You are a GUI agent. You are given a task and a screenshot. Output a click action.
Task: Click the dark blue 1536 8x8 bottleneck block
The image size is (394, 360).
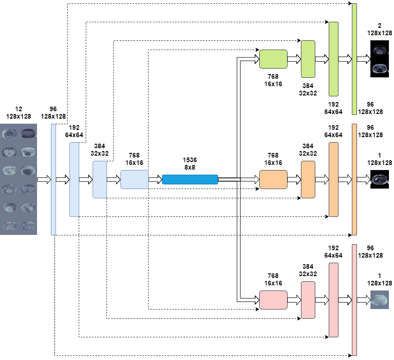(x=190, y=179)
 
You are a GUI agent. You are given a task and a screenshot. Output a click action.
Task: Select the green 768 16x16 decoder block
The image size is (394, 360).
(x=273, y=59)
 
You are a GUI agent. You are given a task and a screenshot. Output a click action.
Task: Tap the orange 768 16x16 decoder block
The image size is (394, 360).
(x=273, y=179)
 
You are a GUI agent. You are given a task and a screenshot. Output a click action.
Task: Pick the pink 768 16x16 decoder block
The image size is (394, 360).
(x=273, y=300)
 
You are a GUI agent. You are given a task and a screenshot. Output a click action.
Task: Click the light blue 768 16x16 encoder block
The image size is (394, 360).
(x=134, y=179)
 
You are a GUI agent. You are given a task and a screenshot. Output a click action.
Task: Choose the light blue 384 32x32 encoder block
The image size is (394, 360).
(x=100, y=179)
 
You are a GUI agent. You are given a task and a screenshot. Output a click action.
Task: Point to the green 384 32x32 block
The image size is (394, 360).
(x=308, y=59)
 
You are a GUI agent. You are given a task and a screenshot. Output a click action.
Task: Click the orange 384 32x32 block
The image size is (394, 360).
(x=308, y=179)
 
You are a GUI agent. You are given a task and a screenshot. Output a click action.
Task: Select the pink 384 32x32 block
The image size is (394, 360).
(x=308, y=300)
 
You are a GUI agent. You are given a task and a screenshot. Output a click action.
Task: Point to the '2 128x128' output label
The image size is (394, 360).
(x=379, y=29)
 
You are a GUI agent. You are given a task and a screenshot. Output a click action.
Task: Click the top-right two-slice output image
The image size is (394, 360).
(x=379, y=59)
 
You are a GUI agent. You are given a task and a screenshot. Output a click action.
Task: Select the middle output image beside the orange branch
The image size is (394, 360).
(x=379, y=179)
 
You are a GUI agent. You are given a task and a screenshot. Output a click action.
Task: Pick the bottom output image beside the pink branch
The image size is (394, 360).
(x=379, y=300)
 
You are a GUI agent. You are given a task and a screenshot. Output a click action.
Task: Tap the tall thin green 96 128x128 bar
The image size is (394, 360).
(x=354, y=59)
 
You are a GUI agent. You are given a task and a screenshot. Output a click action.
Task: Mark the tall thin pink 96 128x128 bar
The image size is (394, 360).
(x=354, y=300)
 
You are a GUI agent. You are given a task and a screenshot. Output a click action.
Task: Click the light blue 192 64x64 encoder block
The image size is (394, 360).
(x=74, y=179)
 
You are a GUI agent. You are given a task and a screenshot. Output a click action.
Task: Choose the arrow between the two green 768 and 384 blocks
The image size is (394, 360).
(x=294, y=59)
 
